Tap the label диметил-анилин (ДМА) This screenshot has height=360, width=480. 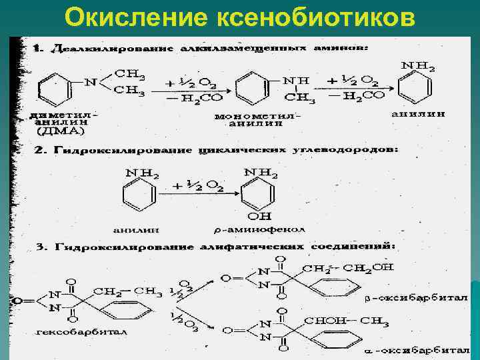(63, 123)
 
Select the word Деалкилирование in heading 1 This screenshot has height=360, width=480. (111, 50)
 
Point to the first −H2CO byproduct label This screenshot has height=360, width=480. (177, 97)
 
